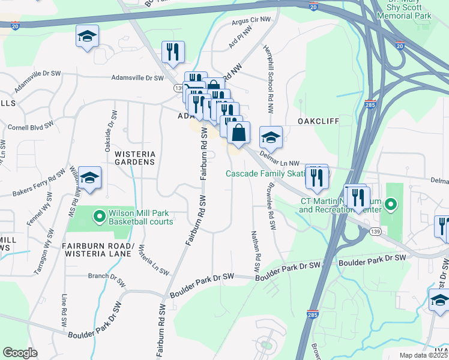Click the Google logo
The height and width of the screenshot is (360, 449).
coord(20,353)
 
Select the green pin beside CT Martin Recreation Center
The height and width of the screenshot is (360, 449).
coord(391,205)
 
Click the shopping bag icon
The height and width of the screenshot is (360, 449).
coord(238,133)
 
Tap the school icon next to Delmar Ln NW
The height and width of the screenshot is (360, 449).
coord(271,137)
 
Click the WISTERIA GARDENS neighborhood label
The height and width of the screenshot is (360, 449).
coord(134,157)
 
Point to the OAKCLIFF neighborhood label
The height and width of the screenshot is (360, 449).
coord(318,121)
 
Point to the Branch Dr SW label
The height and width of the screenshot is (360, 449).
coord(106,277)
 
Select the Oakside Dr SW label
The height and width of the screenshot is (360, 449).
coord(112,127)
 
